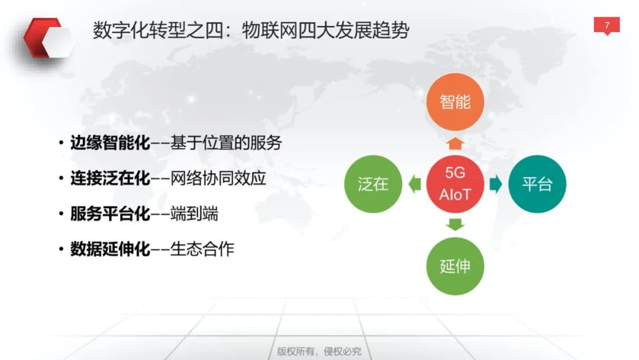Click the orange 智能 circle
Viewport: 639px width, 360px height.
455,102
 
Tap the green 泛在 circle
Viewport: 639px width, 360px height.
373,184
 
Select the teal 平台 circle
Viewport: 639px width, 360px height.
537,184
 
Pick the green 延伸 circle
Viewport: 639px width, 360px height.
455,266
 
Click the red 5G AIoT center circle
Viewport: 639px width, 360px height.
455,184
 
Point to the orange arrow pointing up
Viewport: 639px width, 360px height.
455,143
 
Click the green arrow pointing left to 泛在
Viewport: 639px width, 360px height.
414,184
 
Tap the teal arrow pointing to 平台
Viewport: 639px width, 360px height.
496,184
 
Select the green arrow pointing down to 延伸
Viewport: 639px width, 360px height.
455,224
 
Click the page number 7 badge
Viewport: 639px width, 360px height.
606,25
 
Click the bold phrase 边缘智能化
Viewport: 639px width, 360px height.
110,143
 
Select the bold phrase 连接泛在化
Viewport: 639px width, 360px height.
110,178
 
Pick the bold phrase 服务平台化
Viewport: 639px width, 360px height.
110,214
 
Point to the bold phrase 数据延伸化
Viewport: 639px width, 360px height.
110,249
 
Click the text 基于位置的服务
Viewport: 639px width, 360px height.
226,143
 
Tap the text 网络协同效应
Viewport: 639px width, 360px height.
218,178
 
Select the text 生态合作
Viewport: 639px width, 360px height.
202,249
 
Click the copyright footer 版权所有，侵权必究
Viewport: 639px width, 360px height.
319,351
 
